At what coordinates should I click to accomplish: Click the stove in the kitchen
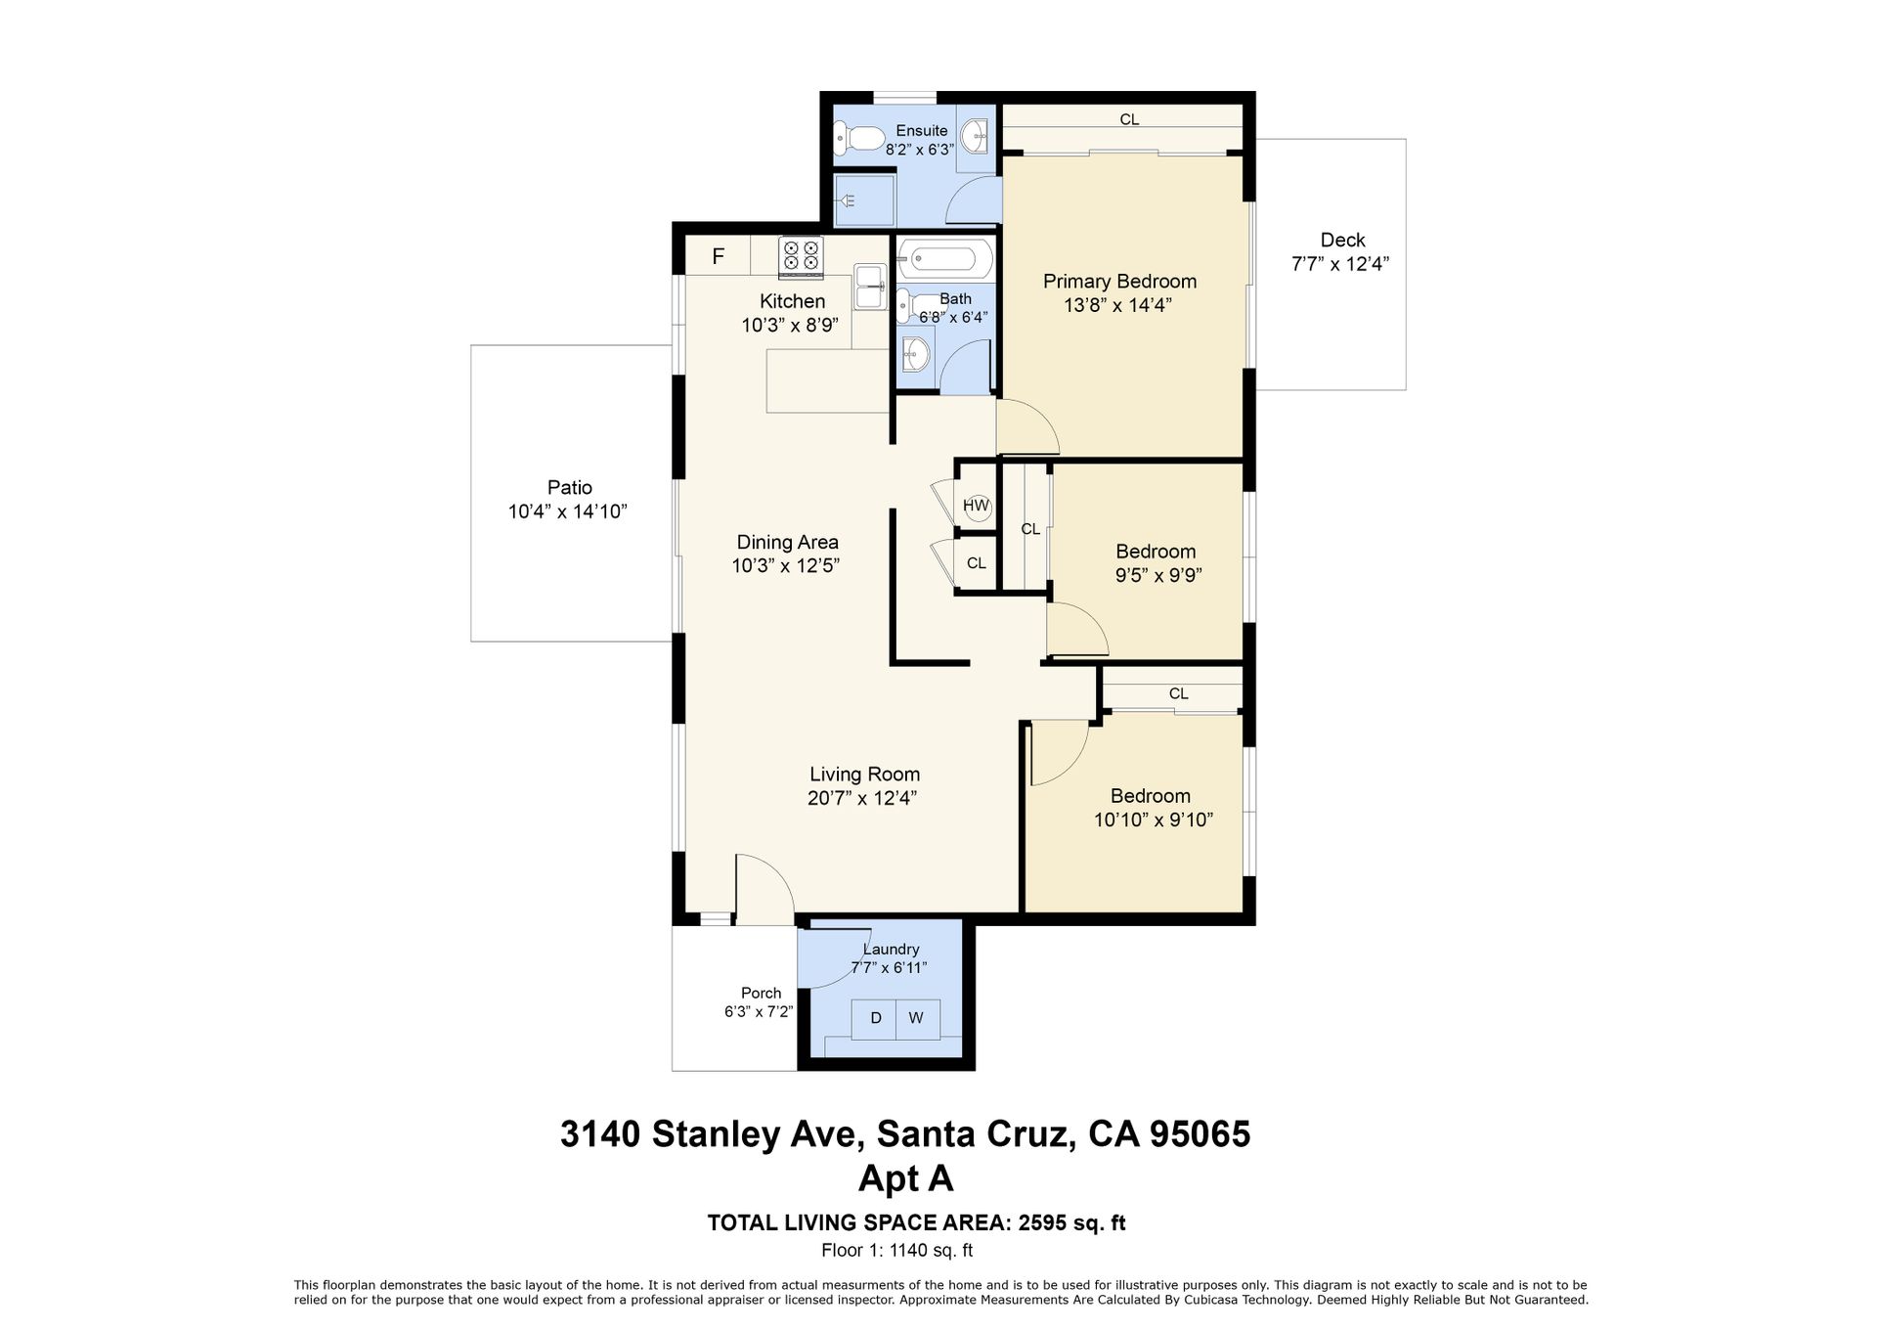(x=801, y=255)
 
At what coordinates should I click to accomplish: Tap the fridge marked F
(x=718, y=256)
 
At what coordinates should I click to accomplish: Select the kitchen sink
(x=870, y=287)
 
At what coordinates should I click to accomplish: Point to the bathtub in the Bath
(x=944, y=259)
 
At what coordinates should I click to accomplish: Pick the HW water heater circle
(x=977, y=506)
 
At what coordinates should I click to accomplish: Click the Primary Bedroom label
(x=1119, y=282)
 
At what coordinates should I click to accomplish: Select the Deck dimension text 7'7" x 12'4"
(x=1340, y=264)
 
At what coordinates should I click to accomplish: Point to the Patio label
(x=570, y=487)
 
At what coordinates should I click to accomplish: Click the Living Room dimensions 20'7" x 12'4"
(x=862, y=798)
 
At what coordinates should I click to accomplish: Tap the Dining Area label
(x=787, y=542)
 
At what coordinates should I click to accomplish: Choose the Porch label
(x=761, y=993)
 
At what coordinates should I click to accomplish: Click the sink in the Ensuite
(x=974, y=138)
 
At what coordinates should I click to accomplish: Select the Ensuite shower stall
(x=864, y=200)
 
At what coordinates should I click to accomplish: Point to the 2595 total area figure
(x=1044, y=1222)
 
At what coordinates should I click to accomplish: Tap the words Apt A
(x=905, y=1179)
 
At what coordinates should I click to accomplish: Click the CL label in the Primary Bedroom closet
(x=1129, y=119)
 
